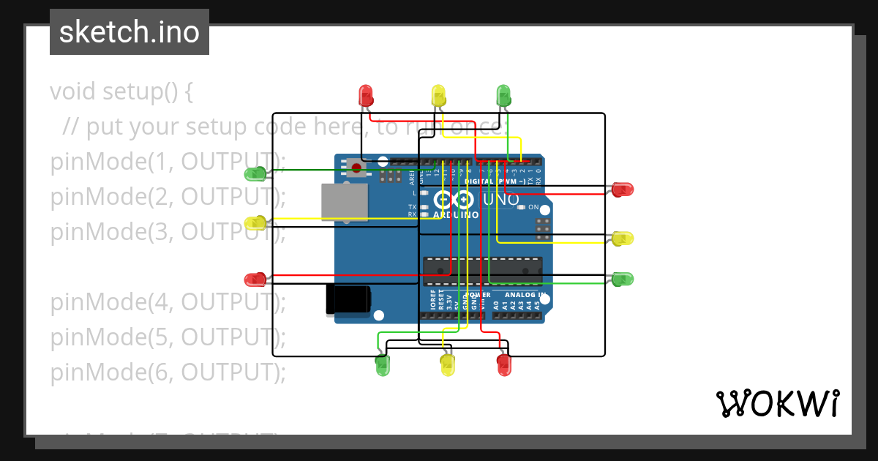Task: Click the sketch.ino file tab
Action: click(x=130, y=32)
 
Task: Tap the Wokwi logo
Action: click(x=777, y=403)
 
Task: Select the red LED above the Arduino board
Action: click(x=365, y=94)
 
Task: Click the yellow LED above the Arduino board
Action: click(x=438, y=94)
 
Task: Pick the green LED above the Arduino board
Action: click(x=503, y=94)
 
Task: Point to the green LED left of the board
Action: click(x=255, y=173)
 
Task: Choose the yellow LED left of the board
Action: click(x=255, y=223)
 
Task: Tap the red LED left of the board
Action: click(x=255, y=280)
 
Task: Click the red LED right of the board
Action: click(x=623, y=190)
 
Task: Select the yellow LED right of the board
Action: click(x=623, y=239)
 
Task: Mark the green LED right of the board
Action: click(x=623, y=279)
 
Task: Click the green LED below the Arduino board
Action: click(x=383, y=366)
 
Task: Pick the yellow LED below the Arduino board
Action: click(x=448, y=366)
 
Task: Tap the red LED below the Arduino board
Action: click(x=503, y=366)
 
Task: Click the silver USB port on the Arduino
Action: click(x=344, y=202)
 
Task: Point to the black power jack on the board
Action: click(x=348, y=300)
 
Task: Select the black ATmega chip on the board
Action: click(x=483, y=270)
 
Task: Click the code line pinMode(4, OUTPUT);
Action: click(x=168, y=302)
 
